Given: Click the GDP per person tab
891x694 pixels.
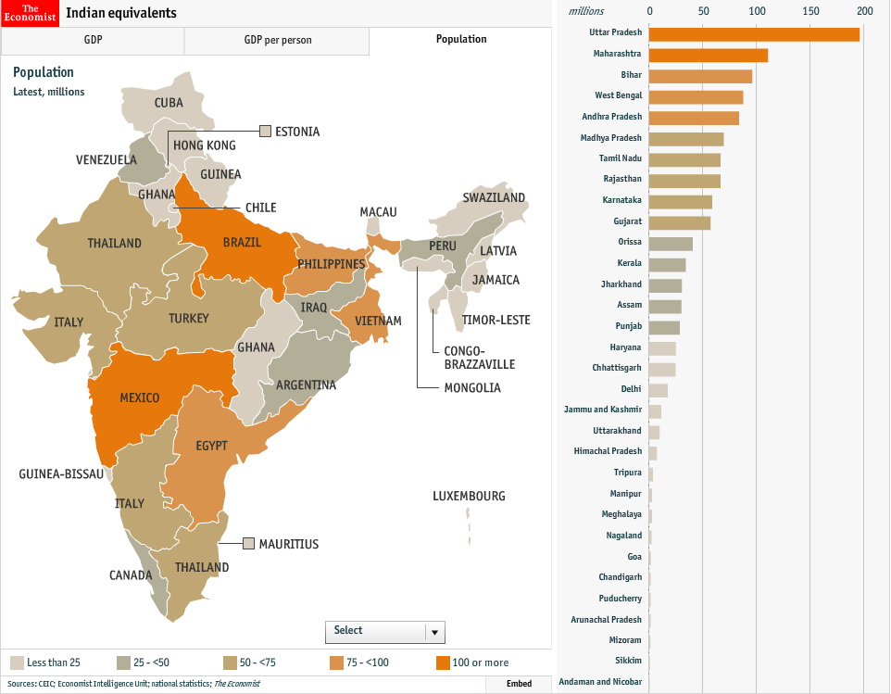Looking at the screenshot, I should click(x=277, y=41).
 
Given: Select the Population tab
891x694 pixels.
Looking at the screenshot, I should click(x=460, y=40).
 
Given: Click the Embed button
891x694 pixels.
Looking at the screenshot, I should click(x=519, y=684).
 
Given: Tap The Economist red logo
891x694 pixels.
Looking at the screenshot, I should click(x=30, y=12).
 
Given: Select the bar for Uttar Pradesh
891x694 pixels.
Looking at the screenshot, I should click(x=754, y=34).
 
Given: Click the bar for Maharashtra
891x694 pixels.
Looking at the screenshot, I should click(x=709, y=55).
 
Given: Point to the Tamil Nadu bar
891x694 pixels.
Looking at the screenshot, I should click(x=684, y=159).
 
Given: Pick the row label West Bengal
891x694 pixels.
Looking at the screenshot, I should click(x=618, y=95).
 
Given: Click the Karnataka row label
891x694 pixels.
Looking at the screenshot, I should click(x=621, y=200).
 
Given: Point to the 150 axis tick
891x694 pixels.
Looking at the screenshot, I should click(x=811, y=11).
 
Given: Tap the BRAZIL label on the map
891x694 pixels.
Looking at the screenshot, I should click(x=242, y=242).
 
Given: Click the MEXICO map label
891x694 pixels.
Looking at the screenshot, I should click(x=140, y=398).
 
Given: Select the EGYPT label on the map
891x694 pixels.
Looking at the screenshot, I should click(x=211, y=446).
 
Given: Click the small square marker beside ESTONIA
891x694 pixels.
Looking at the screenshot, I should click(x=266, y=131).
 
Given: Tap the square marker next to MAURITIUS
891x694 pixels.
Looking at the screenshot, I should click(x=248, y=543).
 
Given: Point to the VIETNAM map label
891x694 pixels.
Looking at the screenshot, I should click(x=378, y=321).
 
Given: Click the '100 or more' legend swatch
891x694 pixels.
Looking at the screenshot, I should click(x=443, y=662).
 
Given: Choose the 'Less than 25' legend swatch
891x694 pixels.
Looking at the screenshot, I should click(x=17, y=662).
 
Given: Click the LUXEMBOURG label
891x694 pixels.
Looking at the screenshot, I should click(x=469, y=496).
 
